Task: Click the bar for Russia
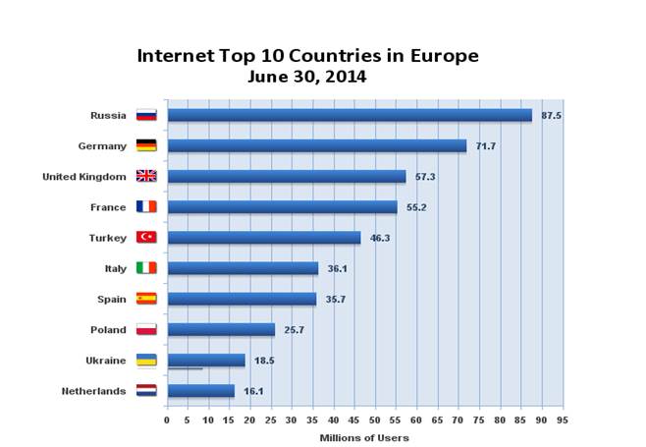tap(349, 115)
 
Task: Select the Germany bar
tap(316, 145)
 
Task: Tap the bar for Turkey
tap(263, 237)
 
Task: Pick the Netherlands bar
tap(200, 391)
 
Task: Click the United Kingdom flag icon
tap(146, 177)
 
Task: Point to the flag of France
tap(146, 207)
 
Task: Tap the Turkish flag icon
tap(146, 238)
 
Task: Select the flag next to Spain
tap(146, 299)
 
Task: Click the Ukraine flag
tap(146, 361)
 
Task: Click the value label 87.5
tap(551, 116)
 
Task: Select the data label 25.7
tap(295, 330)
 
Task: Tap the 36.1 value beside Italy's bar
tap(338, 268)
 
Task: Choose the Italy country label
tap(115, 268)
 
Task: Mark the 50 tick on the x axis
tap(375, 419)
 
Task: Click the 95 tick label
tap(562, 419)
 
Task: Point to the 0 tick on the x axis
tap(167, 419)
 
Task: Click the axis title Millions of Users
tap(364, 437)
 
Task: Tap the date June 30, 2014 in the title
tap(307, 76)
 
